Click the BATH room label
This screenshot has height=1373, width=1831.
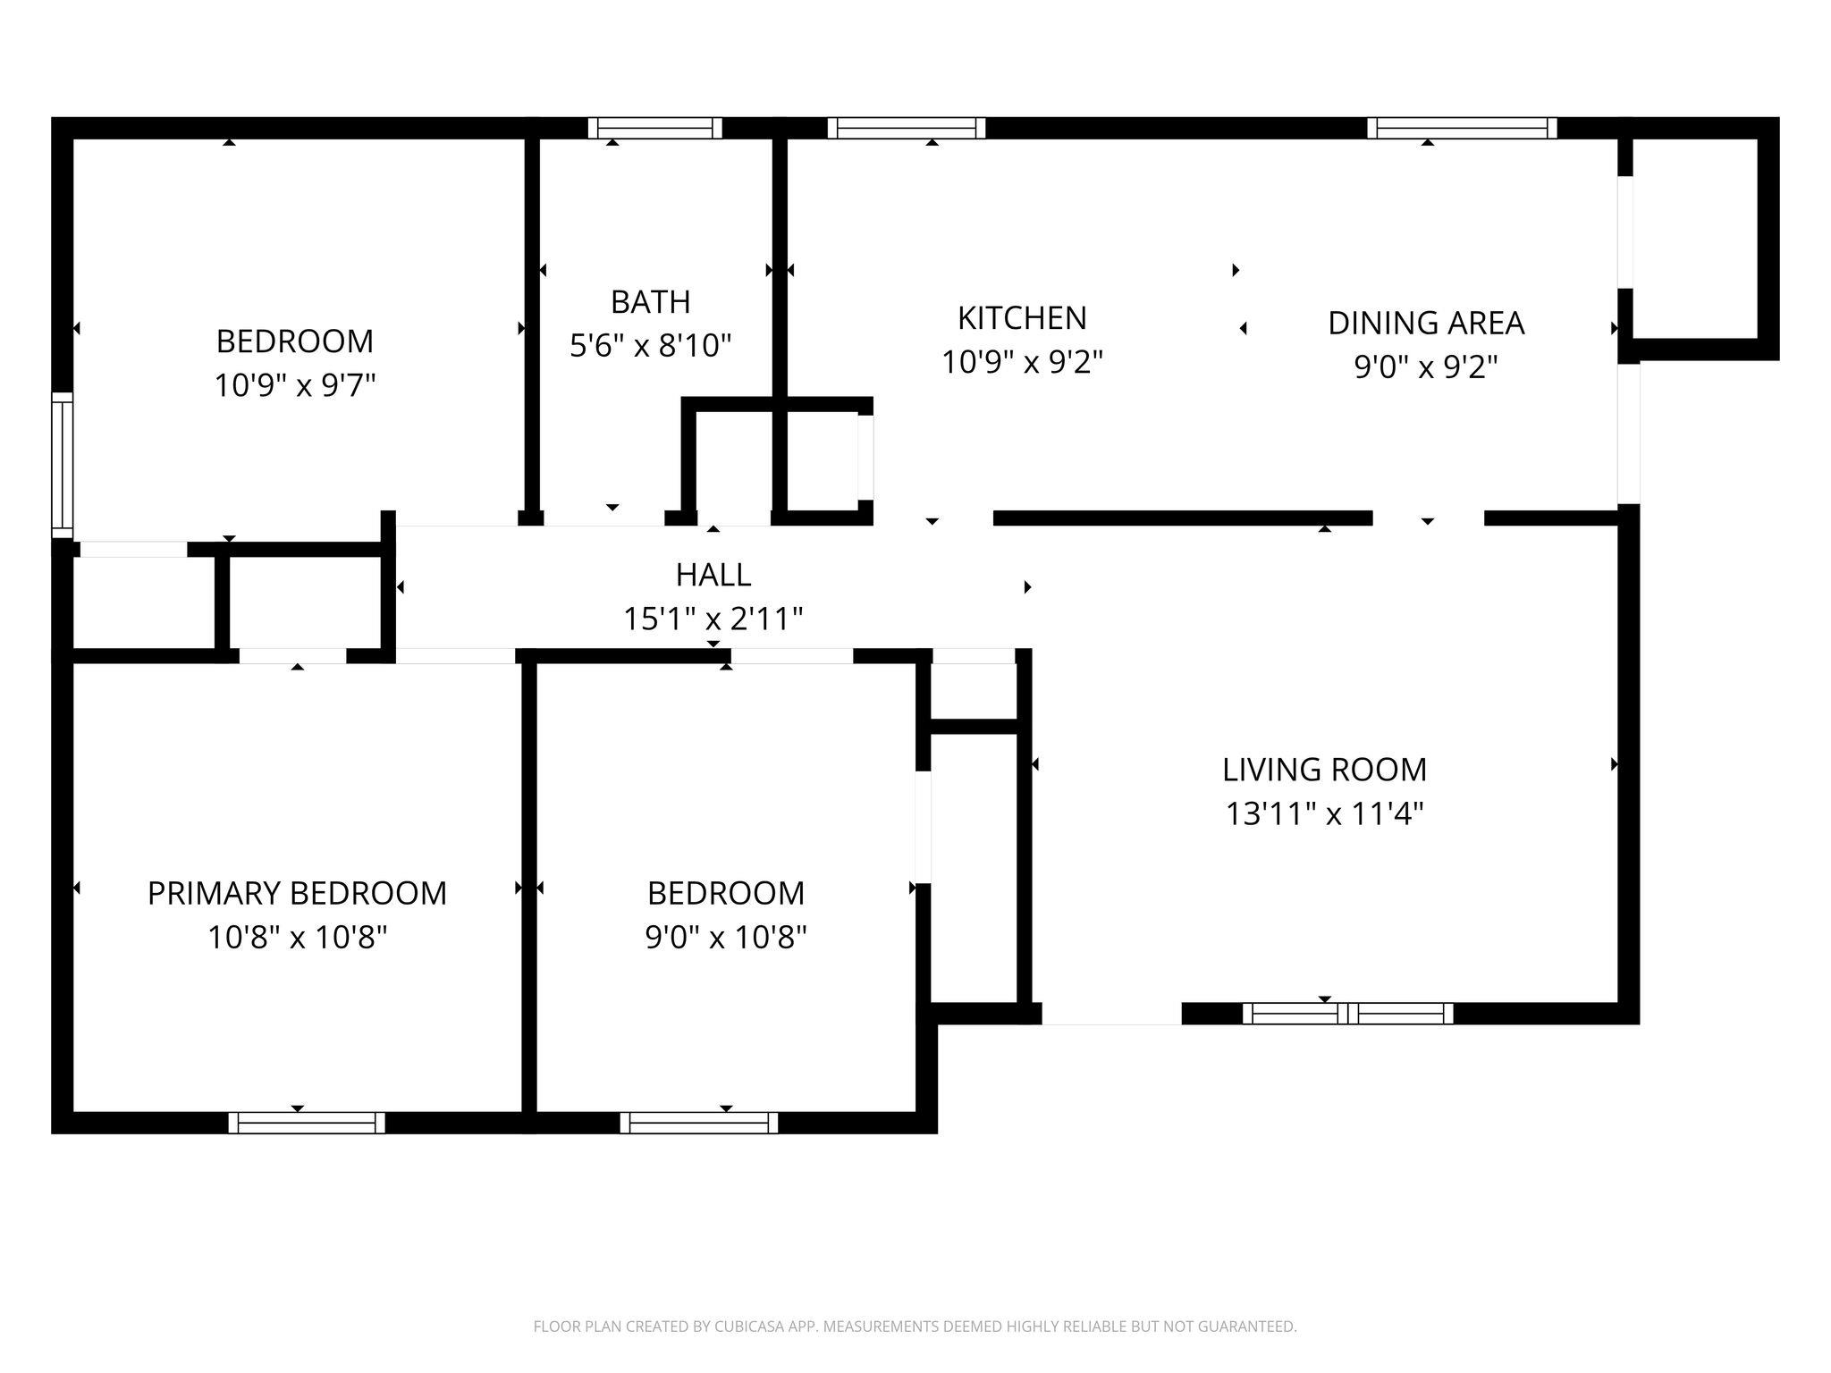(x=650, y=302)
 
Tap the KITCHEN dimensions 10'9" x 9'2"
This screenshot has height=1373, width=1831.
(x=1022, y=362)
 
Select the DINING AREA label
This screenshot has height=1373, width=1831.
(x=1425, y=323)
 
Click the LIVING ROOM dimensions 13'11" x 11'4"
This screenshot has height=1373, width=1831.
(x=1323, y=814)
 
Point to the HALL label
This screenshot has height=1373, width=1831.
(x=713, y=575)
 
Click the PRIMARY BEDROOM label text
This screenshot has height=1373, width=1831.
(x=297, y=893)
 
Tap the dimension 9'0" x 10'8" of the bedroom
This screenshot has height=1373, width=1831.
(x=726, y=938)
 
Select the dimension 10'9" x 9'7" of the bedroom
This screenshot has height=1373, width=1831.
(x=294, y=385)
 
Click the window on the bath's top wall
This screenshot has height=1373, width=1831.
(x=654, y=128)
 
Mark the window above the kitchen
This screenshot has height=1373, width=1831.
(x=906, y=128)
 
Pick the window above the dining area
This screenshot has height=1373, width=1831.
(x=1461, y=128)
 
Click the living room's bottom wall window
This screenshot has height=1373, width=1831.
(x=1347, y=1013)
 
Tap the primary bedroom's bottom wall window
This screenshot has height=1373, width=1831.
(x=307, y=1122)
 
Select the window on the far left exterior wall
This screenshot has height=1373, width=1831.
(x=62, y=465)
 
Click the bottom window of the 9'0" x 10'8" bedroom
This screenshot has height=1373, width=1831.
(x=698, y=1122)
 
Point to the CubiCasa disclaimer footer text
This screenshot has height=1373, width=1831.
(x=915, y=1327)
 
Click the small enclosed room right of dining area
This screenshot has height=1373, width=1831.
(x=1695, y=239)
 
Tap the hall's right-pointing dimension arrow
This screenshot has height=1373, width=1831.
(x=1027, y=587)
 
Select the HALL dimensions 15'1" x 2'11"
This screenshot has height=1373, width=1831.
(x=713, y=619)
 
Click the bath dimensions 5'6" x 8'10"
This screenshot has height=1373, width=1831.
(x=650, y=345)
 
